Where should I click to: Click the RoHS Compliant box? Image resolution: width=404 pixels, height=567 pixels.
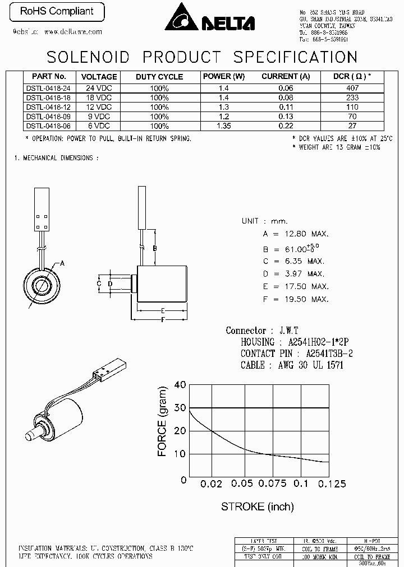(x=56, y=12)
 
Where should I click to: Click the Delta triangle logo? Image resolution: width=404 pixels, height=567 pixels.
(x=183, y=17)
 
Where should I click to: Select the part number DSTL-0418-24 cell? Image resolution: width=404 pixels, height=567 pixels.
(x=49, y=88)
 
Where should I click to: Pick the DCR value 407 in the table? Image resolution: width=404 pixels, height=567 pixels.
(x=352, y=88)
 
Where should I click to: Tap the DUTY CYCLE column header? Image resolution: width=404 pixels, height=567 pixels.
(x=159, y=77)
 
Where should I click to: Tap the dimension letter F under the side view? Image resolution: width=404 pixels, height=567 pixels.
(x=162, y=320)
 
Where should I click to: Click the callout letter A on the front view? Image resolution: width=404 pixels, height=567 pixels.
(x=62, y=263)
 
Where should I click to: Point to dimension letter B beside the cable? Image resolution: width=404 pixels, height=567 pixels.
(x=154, y=248)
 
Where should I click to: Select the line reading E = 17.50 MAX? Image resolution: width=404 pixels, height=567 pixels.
(x=295, y=286)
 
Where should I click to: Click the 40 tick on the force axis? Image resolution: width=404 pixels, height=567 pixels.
(x=180, y=385)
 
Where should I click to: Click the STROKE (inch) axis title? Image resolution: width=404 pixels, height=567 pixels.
(x=257, y=506)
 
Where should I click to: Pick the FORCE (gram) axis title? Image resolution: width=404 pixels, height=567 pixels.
(x=163, y=421)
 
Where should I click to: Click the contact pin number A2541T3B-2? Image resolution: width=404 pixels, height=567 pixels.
(x=329, y=354)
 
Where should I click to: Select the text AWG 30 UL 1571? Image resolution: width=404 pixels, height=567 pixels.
(x=310, y=365)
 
